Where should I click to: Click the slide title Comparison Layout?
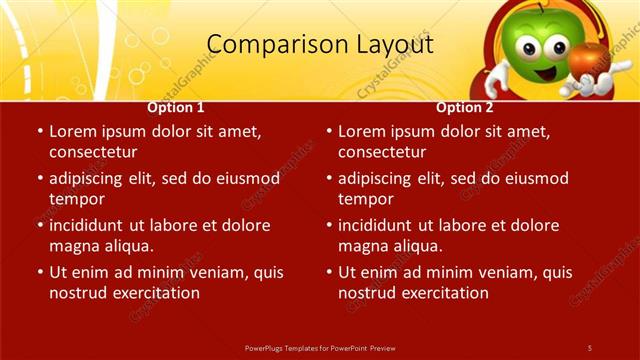coord(320,44)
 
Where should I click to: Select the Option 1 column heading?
coord(176,107)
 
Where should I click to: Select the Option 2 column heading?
coord(465,107)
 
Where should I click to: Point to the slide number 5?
coord(590,347)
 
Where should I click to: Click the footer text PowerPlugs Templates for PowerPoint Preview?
coord(320,347)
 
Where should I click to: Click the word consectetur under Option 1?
coord(93,152)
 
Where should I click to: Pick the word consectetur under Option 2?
coord(382,152)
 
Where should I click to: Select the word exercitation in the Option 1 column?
coord(154,293)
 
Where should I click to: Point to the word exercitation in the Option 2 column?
coord(443,293)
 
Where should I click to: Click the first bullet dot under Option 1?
coord(39,132)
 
